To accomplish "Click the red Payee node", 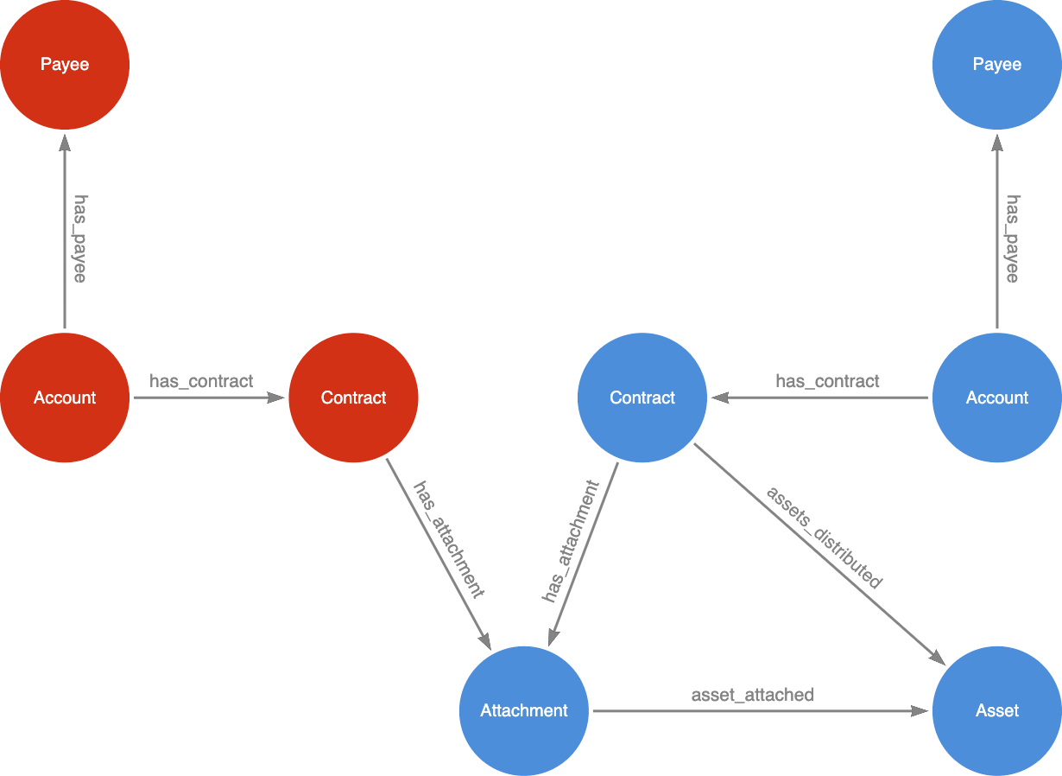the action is pyautogui.click(x=65, y=65).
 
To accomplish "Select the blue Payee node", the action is pyautogui.click(x=996, y=65).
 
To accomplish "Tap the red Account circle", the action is pyautogui.click(x=65, y=398).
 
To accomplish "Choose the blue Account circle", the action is pyautogui.click(x=996, y=398).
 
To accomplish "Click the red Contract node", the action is pyautogui.click(x=353, y=398).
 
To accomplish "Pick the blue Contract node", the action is pyautogui.click(x=642, y=398).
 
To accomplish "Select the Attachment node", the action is pyautogui.click(x=524, y=710).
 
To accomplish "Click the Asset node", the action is pyautogui.click(x=996, y=710).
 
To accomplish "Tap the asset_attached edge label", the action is pyautogui.click(x=752, y=695).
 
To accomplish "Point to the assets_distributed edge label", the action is pyautogui.click(x=825, y=537).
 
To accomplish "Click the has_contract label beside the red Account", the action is pyautogui.click(x=201, y=381).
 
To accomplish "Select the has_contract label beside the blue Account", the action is pyautogui.click(x=827, y=381).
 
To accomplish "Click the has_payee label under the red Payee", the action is pyautogui.click(x=80, y=239).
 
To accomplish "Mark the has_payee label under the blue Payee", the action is pyautogui.click(x=1012, y=239).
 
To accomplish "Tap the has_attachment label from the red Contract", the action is pyautogui.click(x=449, y=539).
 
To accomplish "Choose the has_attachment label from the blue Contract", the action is pyautogui.click(x=571, y=541).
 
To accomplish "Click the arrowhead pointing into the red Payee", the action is pyautogui.click(x=65, y=143).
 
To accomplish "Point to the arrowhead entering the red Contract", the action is pyautogui.click(x=275, y=398).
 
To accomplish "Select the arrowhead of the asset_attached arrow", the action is pyautogui.click(x=920, y=711).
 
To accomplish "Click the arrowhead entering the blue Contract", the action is pyautogui.click(x=720, y=398).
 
